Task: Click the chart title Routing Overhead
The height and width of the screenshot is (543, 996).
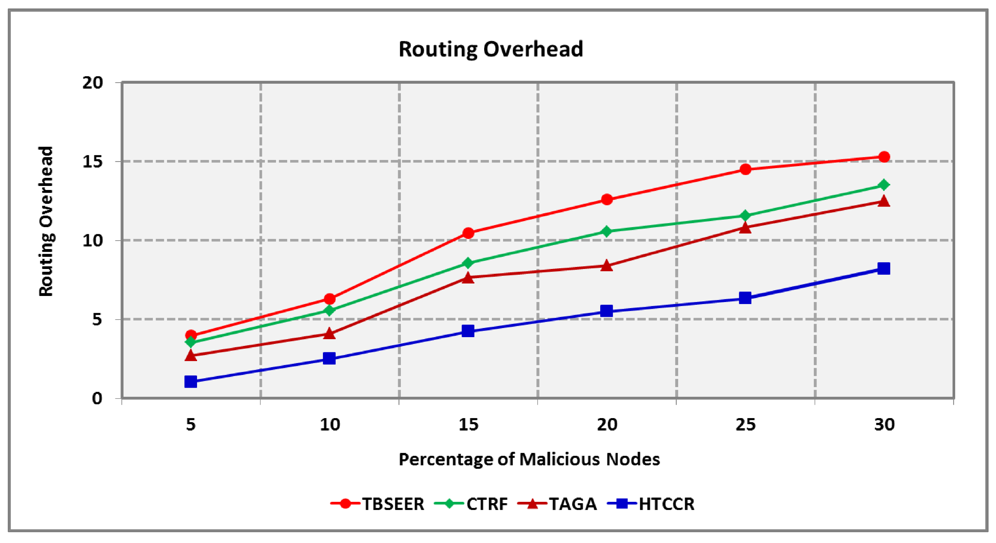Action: tap(490, 49)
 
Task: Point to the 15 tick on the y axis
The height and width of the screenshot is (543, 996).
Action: tap(93, 162)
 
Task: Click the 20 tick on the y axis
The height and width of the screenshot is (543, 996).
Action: tap(93, 82)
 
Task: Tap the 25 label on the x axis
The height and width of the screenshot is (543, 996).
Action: tap(745, 425)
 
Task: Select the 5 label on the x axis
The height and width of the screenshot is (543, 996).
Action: tap(191, 425)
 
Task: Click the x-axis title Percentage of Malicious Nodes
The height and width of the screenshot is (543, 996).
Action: tap(529, 459)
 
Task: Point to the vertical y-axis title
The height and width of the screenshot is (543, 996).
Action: tap(46, 221)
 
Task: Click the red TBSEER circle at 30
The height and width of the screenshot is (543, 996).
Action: tap(884, 157)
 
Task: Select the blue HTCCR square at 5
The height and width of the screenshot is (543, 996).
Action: tap(191, 382)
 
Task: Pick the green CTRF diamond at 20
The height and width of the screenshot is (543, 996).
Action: tap(607, 231)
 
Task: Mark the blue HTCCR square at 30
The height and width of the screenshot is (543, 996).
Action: tap(884, 268)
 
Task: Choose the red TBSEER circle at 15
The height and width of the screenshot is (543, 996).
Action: tap(468, 233)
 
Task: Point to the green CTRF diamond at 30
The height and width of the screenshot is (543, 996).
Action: tap(884, 185)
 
